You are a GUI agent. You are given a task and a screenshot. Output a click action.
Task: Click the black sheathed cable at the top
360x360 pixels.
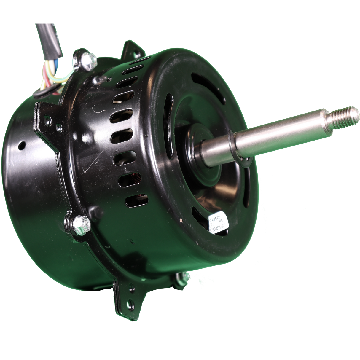click(49, 39)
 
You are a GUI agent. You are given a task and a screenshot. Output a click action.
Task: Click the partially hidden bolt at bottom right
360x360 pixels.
click(180, 279)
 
